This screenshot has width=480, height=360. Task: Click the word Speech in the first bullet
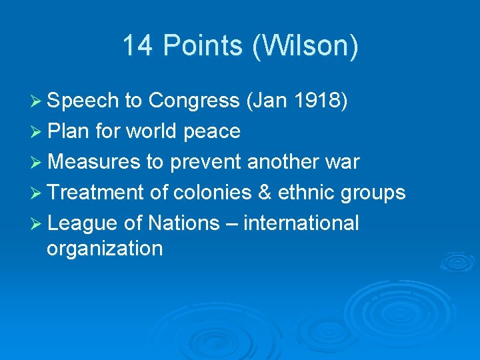coord(84,101)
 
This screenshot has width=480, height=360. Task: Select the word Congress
coord(194,101)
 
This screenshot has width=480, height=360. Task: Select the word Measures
coord(94,162)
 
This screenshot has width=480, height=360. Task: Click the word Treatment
coord(96,193)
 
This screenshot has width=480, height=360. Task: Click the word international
coord(301,223)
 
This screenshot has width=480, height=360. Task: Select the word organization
coord(105,249)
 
